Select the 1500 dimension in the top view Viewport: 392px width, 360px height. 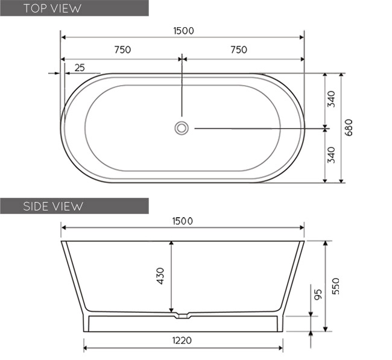[x=183, y=31]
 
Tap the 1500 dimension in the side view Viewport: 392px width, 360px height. [x=182, y=221]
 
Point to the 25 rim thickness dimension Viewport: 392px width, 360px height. [x=79, y=68]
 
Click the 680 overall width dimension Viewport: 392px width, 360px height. [x=349, y=127]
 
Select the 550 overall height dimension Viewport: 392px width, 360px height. [x=335, y=285]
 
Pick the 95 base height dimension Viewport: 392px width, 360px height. [x=318, y=294]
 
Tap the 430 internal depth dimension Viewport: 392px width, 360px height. [x=160, y=276]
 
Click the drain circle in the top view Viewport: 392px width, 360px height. [x=182, y=128]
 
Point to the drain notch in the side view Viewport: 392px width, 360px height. [x=182, y=315]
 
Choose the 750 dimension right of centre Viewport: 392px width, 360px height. [x=238, y=50]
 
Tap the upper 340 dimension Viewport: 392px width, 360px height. [x=331, y=99]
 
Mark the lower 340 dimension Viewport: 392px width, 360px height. [x=331, y=156]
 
